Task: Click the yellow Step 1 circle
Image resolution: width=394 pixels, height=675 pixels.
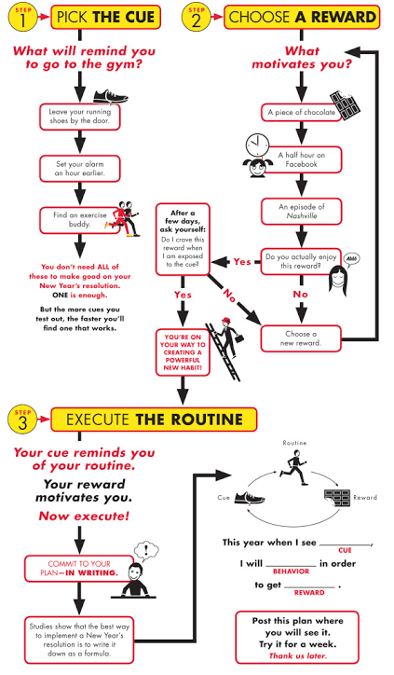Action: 22,18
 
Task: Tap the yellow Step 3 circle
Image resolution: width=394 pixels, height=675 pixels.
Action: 22,420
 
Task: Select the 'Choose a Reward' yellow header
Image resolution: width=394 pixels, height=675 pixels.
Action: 302,17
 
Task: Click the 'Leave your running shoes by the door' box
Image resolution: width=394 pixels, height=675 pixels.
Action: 79,117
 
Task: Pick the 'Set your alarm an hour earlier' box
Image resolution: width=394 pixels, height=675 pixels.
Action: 79,169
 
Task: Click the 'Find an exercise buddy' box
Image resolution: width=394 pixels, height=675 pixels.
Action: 79,219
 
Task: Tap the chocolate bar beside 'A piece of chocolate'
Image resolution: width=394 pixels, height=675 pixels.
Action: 345,105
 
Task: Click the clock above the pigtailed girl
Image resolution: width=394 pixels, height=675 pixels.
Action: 257,145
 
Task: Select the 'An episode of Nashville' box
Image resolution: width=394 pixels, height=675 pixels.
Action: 301,211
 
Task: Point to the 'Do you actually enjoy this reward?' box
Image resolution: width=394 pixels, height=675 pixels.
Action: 301,261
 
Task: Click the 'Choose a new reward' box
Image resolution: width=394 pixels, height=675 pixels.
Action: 301,338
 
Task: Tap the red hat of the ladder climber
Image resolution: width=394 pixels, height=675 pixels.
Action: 226,321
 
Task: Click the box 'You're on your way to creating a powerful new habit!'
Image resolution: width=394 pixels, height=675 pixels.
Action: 183,352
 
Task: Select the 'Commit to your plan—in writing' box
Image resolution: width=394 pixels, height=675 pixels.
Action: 79,568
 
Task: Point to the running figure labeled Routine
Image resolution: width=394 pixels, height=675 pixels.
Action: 294,467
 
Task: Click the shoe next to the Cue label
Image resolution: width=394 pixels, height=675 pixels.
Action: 250,498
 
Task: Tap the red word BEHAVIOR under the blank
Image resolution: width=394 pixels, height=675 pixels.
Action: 292,572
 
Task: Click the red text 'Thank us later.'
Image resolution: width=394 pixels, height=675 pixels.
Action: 298,655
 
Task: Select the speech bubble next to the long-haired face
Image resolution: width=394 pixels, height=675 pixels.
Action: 351,259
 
